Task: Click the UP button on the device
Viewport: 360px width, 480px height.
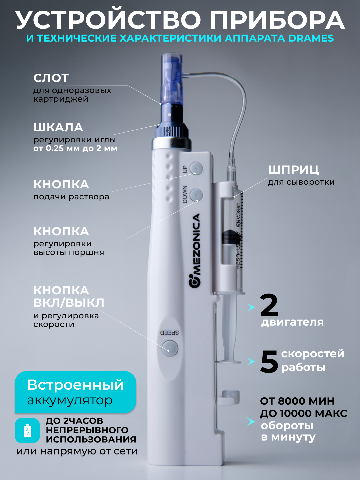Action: pos(196,168)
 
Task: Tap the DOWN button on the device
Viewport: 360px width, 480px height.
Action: pos(196,195)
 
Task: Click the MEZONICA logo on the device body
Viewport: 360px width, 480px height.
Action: pos(195,250)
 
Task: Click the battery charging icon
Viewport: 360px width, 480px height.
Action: pos(27,431)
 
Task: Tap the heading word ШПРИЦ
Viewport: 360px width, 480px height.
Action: pos(293,170)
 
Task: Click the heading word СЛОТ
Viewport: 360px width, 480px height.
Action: pos(51,78)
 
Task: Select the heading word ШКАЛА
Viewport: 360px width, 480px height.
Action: pos(58,127)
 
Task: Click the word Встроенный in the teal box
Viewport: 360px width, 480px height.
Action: pos(75,385)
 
